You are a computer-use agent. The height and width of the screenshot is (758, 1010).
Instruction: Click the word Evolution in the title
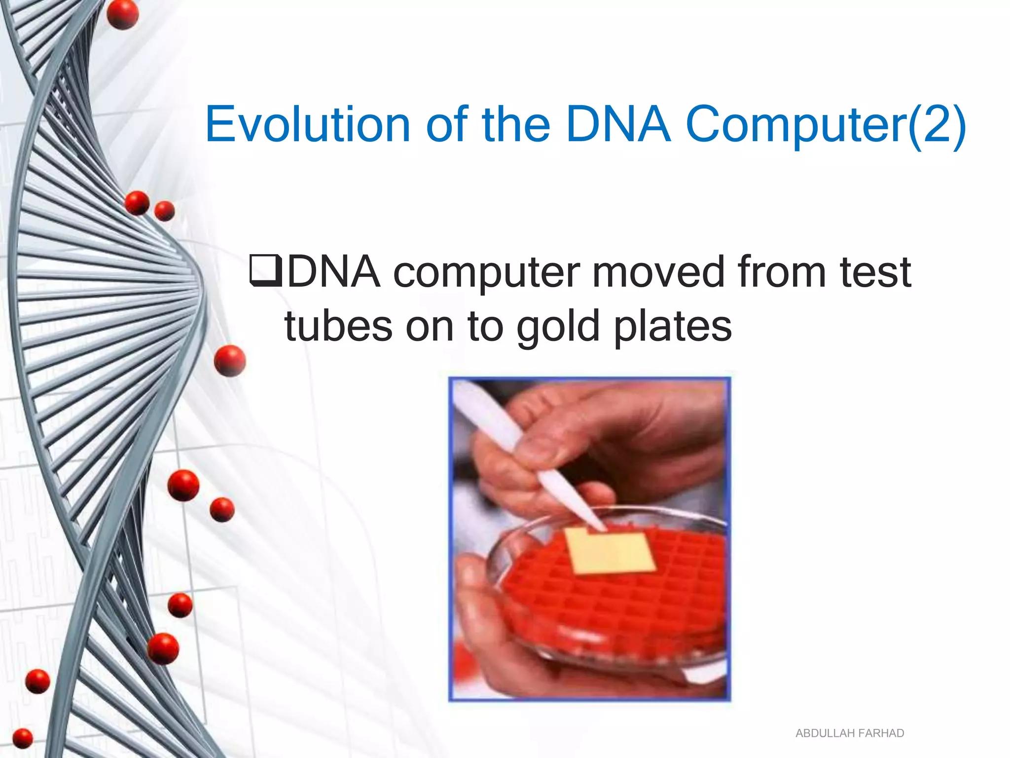tap(308, 124)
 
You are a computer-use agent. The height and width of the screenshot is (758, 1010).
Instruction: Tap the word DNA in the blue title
tap(618, 124)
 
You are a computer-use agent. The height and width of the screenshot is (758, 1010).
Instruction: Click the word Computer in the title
tap(795, 124)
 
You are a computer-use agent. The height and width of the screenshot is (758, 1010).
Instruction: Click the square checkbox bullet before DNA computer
tap(265, 271)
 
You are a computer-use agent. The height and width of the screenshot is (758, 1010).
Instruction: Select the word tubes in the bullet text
tap(338, 327)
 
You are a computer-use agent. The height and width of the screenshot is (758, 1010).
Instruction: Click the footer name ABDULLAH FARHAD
tap(850, 733)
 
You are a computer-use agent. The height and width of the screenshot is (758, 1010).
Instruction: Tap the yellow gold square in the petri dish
tap(610, 551)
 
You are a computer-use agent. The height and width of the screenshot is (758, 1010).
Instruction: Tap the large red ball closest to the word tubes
tap(230, 361)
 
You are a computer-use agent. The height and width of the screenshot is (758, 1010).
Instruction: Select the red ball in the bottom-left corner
tap(22, 738)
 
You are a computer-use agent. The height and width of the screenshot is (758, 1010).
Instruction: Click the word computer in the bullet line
tap(486, 272)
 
